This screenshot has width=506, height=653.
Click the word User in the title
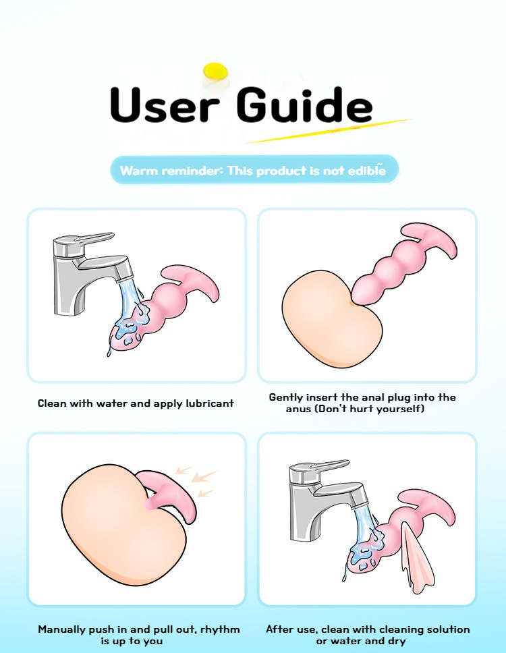[165, 105]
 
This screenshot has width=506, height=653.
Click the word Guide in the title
[304, 104]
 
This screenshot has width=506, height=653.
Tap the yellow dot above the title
[216, 72]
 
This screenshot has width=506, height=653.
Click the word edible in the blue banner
[367, 170]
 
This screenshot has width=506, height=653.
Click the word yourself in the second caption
[401, 409]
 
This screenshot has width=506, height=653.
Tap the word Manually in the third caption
[62, 629]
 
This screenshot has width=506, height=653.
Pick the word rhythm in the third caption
[220, 629]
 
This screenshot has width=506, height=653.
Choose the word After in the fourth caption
[279, 629]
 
